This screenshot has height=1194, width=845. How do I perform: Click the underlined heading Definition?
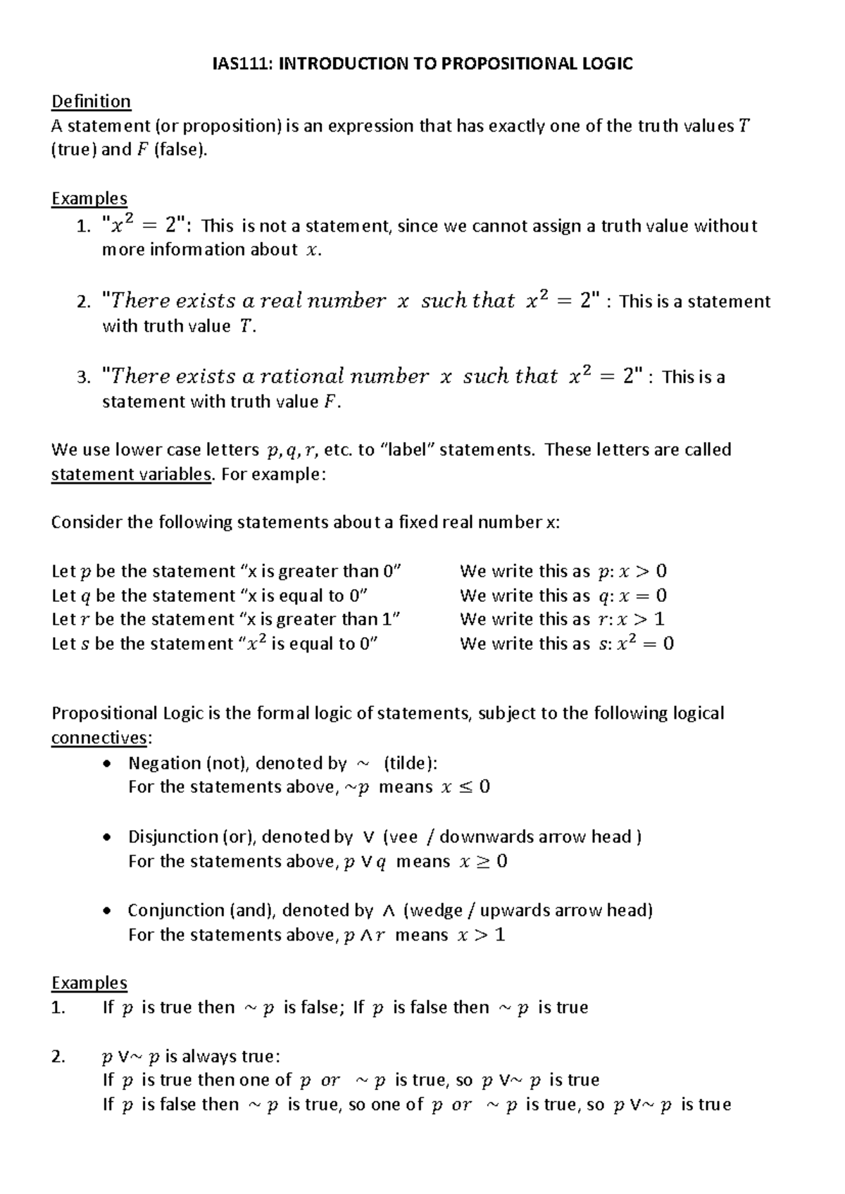coord(91,102)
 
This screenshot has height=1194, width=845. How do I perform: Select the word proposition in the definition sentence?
coord(226,127)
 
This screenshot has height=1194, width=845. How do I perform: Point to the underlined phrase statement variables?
coord(131,475)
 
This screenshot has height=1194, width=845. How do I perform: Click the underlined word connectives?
coord(99,739)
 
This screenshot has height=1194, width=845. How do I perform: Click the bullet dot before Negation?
coord(106,764)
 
